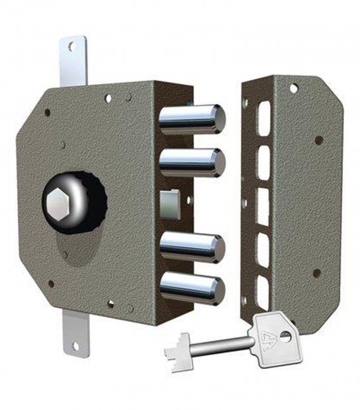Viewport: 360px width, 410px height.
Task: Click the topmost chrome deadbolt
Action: (191, 119)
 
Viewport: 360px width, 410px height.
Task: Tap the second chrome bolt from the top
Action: (192, 161)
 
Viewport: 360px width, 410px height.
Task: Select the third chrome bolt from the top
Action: (192, 246)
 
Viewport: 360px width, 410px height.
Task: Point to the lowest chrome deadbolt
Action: (192, 288)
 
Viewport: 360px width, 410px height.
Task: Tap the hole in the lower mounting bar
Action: (75, 346)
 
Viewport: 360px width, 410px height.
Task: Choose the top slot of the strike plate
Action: (263, 117)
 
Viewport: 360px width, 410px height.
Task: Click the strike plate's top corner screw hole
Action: (293, 87)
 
